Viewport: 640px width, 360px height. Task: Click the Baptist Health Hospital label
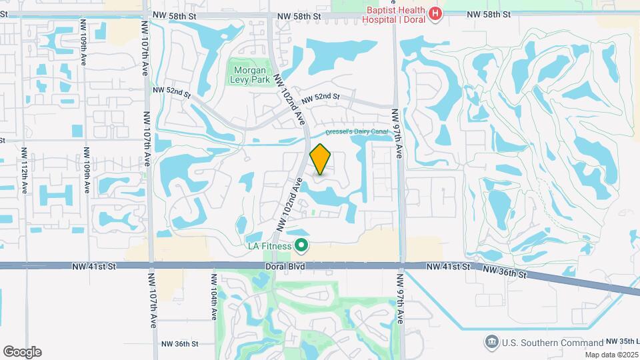click(x=393, y=15)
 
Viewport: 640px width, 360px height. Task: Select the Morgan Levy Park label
click(x=249, y=74)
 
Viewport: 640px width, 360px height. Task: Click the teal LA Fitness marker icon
click(x=301, y=247)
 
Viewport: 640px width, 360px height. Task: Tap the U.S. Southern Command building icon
click(x=492, y=342)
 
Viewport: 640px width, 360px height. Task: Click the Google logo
click(x=22, y=351)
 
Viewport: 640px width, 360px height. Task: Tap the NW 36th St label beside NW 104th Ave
click(x=179, y=344)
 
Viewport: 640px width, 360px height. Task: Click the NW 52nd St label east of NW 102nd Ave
click(x=321, y=97)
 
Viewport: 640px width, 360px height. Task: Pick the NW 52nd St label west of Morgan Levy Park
click(x=171, y=91)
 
